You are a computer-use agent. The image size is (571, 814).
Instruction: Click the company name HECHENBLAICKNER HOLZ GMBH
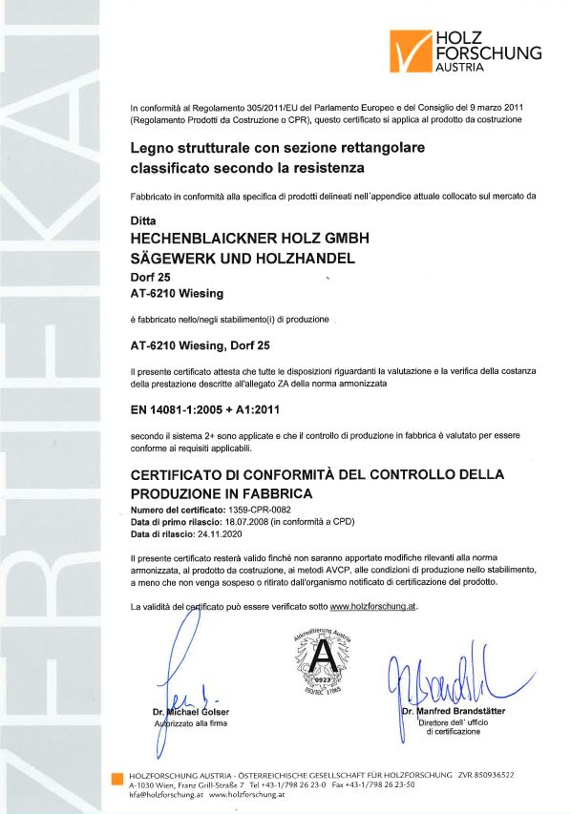click(x=249, y=238)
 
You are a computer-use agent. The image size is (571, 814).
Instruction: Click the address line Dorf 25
click(x=150, y=277)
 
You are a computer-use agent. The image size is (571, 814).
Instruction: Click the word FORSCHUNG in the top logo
click(x=487, y=53)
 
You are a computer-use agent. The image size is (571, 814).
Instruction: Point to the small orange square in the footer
click(x=116, y=778)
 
